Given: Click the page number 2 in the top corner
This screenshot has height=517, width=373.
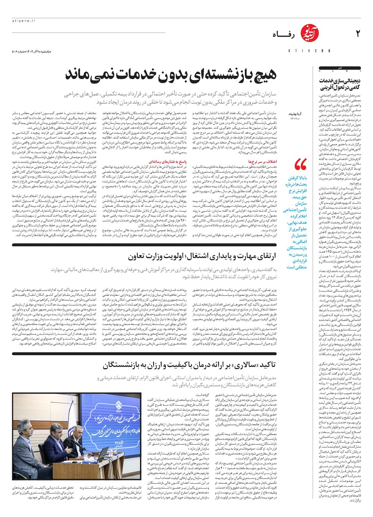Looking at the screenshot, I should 358,34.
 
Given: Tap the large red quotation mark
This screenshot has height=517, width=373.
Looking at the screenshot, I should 300,164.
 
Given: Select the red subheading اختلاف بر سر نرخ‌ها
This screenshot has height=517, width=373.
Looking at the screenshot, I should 263,162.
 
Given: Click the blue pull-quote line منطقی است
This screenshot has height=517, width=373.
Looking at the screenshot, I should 297,267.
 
